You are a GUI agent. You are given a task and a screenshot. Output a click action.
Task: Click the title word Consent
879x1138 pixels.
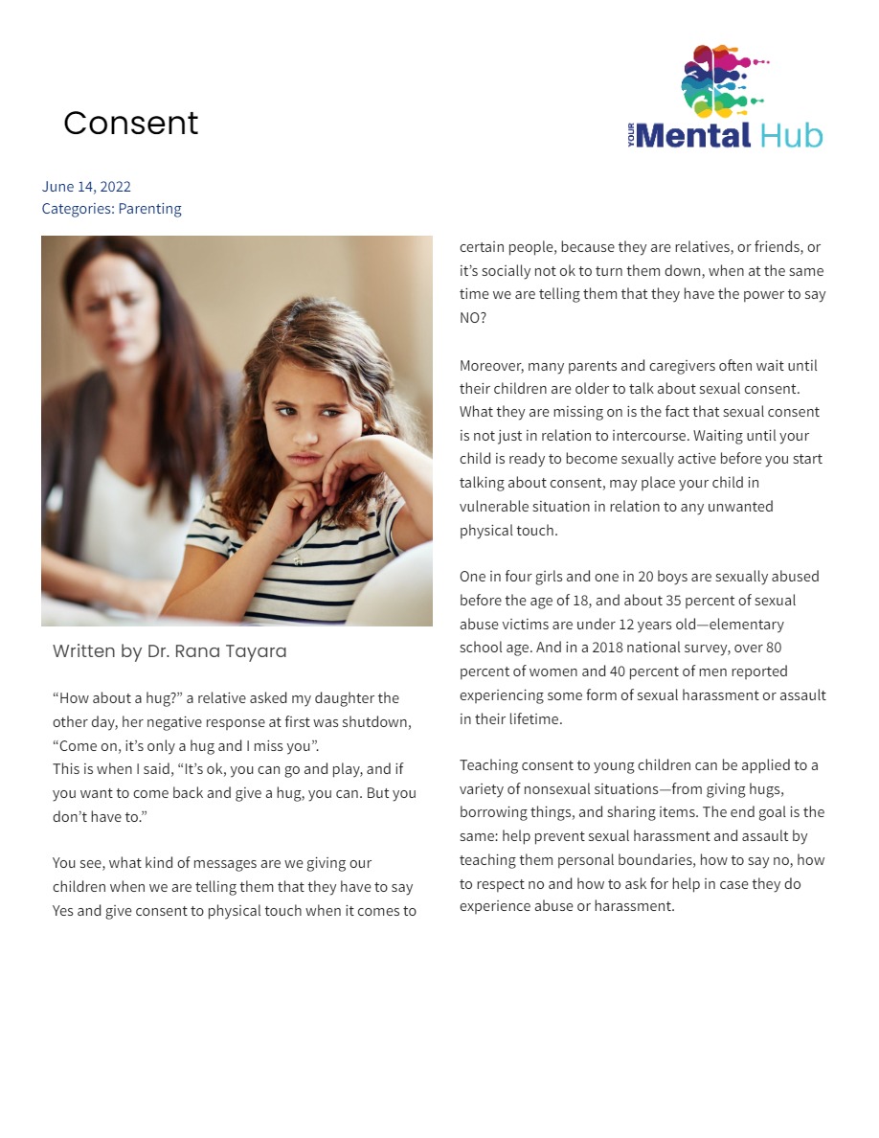click(x=131, y=124)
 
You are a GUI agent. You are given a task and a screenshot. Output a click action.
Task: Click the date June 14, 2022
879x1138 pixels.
click(x=86, y=187)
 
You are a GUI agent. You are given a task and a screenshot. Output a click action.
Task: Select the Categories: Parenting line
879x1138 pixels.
click(x=111, y=209)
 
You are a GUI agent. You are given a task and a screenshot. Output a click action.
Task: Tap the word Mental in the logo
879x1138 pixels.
click(x=693, y=135)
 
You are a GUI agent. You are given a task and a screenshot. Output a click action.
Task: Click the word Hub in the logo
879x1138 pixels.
click(x=792, y=135)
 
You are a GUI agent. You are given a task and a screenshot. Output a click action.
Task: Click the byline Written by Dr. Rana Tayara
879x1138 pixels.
click(x=169, y=651)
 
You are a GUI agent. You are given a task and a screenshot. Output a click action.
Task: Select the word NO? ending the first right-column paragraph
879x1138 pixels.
click(x=473, y=318)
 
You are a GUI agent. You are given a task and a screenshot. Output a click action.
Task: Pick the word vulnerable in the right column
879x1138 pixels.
click(x=496, y=507)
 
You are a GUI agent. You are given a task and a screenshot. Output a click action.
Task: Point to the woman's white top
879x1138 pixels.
click(x=134, y=517)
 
